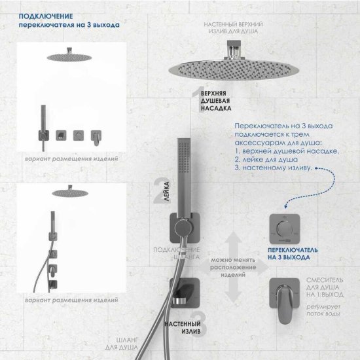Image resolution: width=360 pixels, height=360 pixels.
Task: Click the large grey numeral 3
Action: pos(200,321)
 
